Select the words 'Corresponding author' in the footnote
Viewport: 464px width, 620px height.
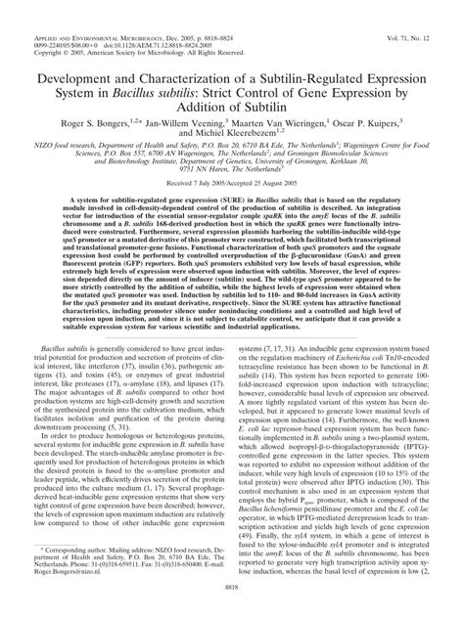pyautogui.click(x=68, y=552)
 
